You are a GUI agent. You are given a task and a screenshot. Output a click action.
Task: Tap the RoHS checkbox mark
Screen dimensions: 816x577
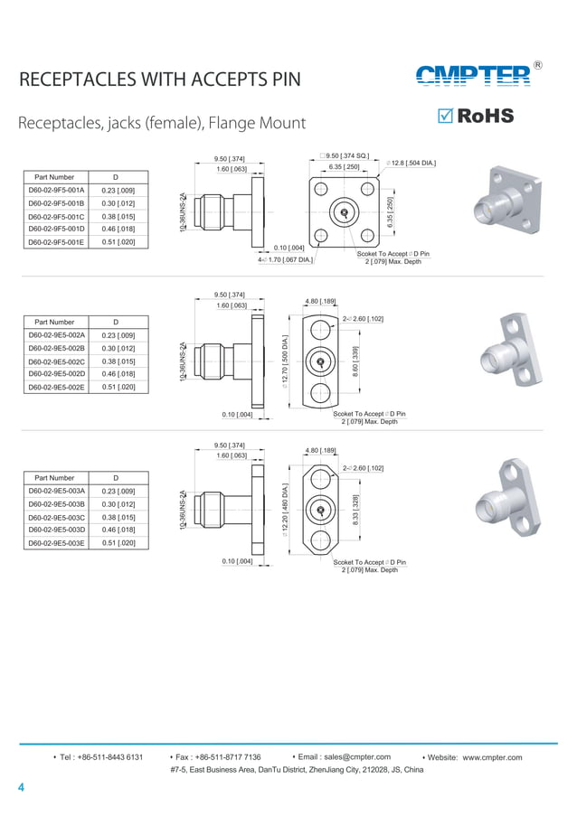point(444,116)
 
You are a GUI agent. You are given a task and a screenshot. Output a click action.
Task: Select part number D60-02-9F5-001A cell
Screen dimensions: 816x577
point(55,191)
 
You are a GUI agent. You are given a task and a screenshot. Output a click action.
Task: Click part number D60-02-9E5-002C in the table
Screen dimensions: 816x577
point(55,361)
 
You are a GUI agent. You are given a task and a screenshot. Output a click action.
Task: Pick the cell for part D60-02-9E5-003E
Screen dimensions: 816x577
point(55,543)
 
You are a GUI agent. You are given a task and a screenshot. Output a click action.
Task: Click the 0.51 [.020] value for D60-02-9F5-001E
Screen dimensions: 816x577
point(118,242)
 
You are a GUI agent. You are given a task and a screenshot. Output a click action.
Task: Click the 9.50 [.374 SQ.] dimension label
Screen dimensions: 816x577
point(345,156)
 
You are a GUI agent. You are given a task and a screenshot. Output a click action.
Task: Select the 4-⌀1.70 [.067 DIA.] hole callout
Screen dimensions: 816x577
point(285,260)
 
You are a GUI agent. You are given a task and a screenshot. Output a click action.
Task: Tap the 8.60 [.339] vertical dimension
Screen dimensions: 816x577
point(355,361)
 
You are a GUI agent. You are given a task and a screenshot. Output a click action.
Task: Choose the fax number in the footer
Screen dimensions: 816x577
point(218,757)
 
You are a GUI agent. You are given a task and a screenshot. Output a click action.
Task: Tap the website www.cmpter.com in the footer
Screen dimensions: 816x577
point(492,757)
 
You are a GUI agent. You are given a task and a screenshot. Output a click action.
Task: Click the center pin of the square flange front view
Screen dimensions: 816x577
point(344,213)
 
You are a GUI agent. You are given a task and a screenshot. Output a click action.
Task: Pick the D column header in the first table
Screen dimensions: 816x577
point(116,177)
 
